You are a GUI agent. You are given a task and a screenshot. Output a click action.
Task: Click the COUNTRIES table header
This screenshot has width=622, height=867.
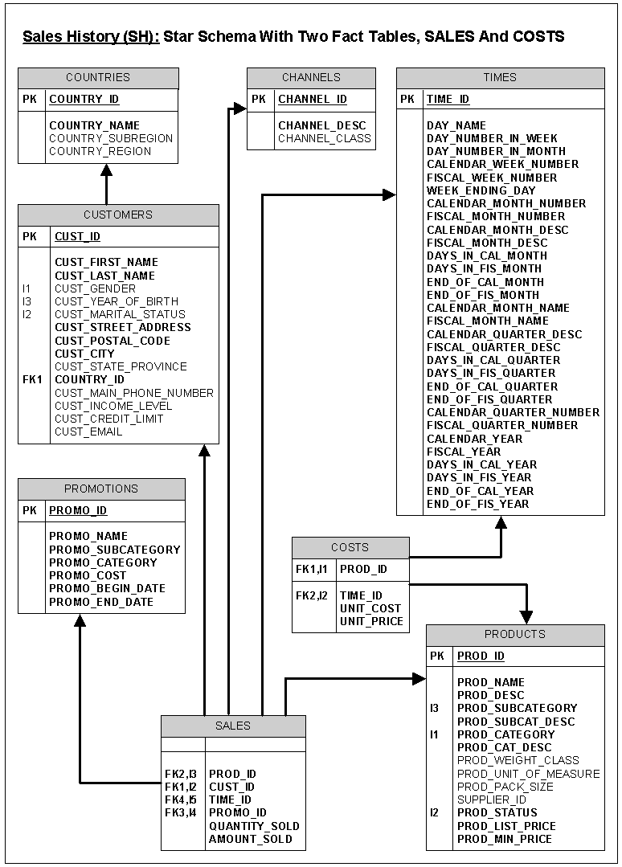[x=98, y=78]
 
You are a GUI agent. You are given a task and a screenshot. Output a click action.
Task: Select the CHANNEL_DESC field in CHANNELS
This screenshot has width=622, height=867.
[x=321, y=125]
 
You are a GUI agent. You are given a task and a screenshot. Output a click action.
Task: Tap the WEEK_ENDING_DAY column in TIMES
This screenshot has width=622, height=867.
[x=481, y=190]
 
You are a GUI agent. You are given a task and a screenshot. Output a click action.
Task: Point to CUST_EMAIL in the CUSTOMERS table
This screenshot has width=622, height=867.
[x=88, y=431]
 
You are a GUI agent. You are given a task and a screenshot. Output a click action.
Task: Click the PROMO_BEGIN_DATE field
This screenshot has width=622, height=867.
[x=107, y=589]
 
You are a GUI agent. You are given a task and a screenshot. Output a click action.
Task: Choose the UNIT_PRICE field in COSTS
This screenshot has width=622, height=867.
[x=371, y=621]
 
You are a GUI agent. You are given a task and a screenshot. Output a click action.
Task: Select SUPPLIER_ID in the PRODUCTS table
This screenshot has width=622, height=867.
[x=492, y=800]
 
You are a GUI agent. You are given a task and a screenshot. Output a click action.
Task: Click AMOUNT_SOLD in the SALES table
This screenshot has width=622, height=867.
[x=251, y=839]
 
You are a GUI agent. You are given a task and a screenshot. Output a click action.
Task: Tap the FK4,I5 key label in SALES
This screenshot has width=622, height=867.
[x=181, y=800]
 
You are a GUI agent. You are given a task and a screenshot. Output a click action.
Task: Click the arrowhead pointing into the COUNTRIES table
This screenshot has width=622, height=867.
[x=106, y=170]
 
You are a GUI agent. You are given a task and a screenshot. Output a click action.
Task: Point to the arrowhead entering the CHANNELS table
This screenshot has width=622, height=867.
[x=239, y=108]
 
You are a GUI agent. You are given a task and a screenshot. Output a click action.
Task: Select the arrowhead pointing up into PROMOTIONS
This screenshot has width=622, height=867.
[x=80, y=620]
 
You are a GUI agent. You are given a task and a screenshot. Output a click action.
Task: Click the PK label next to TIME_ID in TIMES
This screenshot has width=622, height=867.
[x=407, y=100]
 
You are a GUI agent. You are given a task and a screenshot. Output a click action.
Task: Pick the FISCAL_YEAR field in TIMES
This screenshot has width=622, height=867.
[x=464, y=452]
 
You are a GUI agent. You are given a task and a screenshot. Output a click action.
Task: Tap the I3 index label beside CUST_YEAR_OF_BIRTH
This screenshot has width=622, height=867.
[x=28, y=301]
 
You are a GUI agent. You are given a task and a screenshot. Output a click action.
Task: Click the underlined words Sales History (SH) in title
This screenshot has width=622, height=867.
[x=91, y=36]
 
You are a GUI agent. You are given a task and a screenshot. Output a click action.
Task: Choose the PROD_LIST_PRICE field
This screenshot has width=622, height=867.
[x=506, y=826]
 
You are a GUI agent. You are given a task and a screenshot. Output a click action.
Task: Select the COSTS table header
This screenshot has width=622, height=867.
[x=350, y=547]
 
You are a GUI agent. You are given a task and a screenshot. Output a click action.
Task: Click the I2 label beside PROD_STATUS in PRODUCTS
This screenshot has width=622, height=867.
[x=435, y=812]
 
